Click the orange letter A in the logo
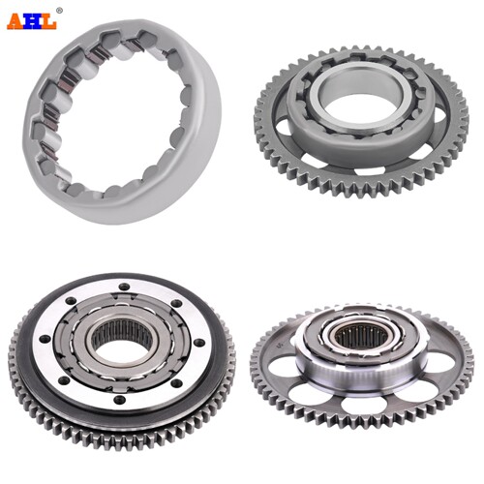pos(15,22)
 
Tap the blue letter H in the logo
pos(32,22)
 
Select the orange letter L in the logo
pos(48,22)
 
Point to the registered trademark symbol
pos(59,11)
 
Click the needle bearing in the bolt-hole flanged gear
pos(122,332)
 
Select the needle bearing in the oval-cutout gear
pos(361,340)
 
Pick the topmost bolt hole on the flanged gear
pos(124,287)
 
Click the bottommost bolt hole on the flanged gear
pos(120,400)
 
